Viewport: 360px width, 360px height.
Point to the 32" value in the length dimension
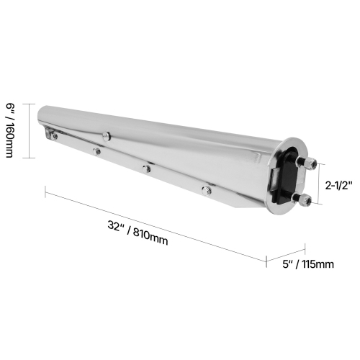click(x=114, y=225)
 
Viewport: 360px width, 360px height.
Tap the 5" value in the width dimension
click(x=289, y=264)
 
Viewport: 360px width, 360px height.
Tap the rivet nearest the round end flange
click(x=206, y=190)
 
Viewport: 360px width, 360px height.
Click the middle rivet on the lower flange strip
click(x=147, y=168)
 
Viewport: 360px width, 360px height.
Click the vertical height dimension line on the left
click(x=28, y=130)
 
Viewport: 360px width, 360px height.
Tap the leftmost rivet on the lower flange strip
click(x=96, y=150)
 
